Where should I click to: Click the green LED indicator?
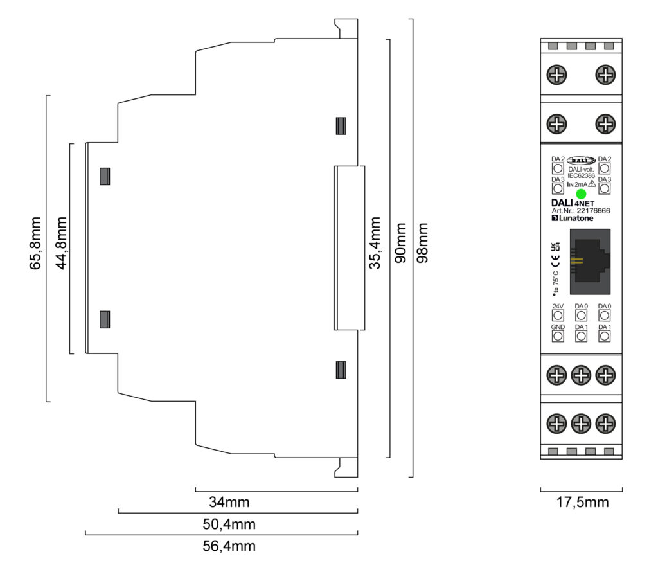click(x=581, y=194)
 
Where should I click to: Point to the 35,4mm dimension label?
click(x=377, y=247)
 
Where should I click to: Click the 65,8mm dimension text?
click(x=37, y=247)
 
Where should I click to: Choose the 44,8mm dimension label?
click(x=61, y=247)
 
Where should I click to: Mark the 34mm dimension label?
click(x=229, y=502)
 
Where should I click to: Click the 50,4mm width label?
click(x=229, y=524)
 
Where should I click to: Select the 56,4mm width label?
click(x=229, y=546)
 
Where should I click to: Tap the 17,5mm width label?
click(x=582, y=502)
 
